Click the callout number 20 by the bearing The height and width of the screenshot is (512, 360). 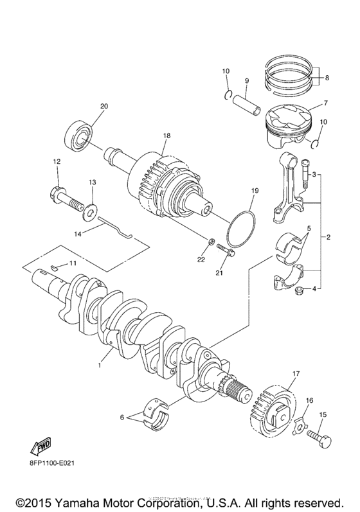pyautogui.click(x=104, y=106)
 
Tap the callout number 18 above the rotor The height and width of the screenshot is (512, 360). pyautogui.click(x=166, y=136)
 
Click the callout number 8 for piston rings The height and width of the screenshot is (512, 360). pyautogui.click(x=327, y=78)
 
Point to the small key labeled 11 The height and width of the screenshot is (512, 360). pyautogui.click(x=56, y=265)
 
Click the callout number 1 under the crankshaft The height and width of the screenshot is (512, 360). pyautogui.click(x=100, y=366)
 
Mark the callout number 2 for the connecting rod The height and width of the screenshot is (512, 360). pyautogui.click(x=328, y=238)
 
